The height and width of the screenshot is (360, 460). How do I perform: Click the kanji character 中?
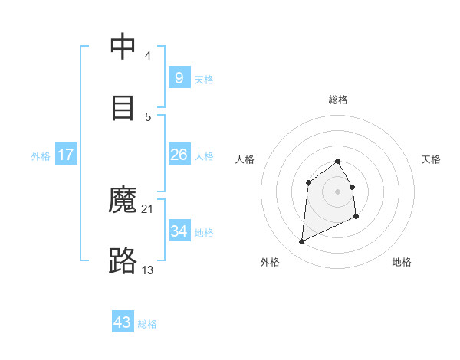[123, 47]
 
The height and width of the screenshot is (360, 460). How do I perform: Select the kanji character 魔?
[123, 201]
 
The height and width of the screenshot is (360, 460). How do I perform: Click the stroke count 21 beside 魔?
[148, 208]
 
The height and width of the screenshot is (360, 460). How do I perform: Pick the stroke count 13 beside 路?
[148, 270]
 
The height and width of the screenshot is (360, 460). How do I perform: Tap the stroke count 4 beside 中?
[148, 55]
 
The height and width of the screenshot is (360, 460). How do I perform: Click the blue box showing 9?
[179, 77]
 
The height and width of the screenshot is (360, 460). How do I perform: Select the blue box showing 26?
[179, 155]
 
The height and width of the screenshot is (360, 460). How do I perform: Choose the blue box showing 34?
[179, 231]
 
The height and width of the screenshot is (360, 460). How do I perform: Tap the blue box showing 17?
[66, 155]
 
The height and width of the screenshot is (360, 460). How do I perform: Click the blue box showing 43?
[123, 322]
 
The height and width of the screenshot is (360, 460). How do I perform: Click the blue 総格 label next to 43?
[147, 324]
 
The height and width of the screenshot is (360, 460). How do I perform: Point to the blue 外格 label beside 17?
[41, 156]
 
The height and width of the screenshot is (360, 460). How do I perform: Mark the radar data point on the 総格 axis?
[337, 161]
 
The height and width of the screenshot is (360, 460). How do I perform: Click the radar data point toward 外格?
[301, 242]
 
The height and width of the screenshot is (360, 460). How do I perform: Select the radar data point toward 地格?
[356, 218]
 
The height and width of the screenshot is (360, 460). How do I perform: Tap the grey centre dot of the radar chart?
[337, 191]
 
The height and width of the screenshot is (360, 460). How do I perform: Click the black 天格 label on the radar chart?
[432, 159]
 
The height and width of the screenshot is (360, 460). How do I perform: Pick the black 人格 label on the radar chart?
[245, 159]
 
